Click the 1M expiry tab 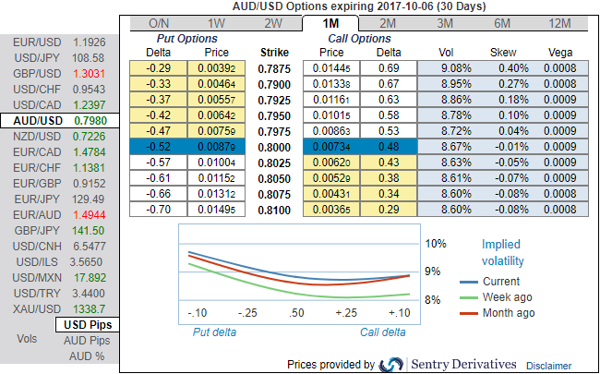click(x=330, y=23)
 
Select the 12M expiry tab click(x=558, y=23)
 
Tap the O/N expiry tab click(x=159, y=23)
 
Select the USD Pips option click(x=86, y=325)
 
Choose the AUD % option click(x=87, y=356)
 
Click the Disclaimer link click(x=548, y=366)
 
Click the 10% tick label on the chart click(x=436, y=244)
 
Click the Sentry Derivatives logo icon click(x=392, y=364)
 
